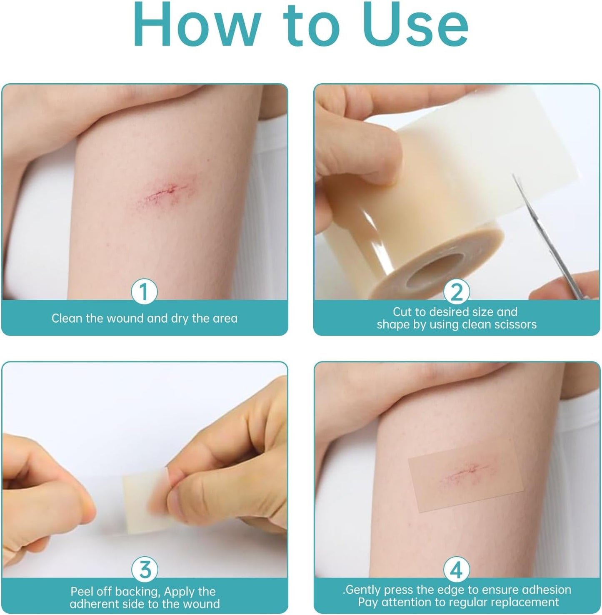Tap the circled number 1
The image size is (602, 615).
click(x=144, y=292)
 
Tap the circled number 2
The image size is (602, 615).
click(x=457, y=292)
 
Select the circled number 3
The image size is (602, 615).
click(x=144, y=570)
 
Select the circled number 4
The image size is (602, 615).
click(x=457, y=570)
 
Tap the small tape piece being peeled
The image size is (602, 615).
click(x=144, y=500)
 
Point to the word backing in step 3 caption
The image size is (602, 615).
click(x=137, y=592)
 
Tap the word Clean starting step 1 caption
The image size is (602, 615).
click(x=67, y=319)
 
